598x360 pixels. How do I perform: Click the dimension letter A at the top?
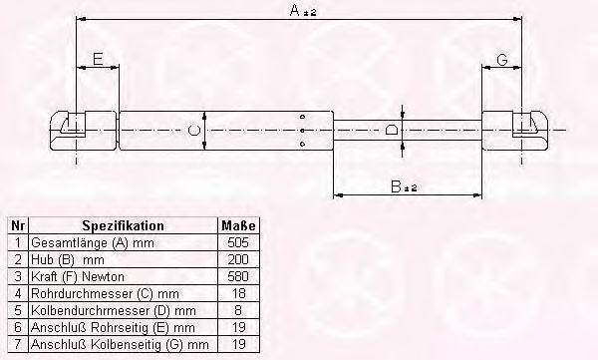[295, 10]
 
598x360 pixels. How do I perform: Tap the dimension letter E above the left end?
[98, 59]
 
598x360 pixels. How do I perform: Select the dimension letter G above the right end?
[502, 60]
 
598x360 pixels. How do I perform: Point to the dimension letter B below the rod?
[397, 186]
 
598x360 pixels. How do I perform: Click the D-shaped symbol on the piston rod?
[391, 130]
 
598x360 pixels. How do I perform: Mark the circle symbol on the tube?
[194, 130]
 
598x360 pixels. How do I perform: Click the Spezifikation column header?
[124, 225]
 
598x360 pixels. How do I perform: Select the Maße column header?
[238, 225]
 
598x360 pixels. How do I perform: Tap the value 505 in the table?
[238, 242]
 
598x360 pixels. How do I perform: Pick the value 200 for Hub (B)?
[238, 259]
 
